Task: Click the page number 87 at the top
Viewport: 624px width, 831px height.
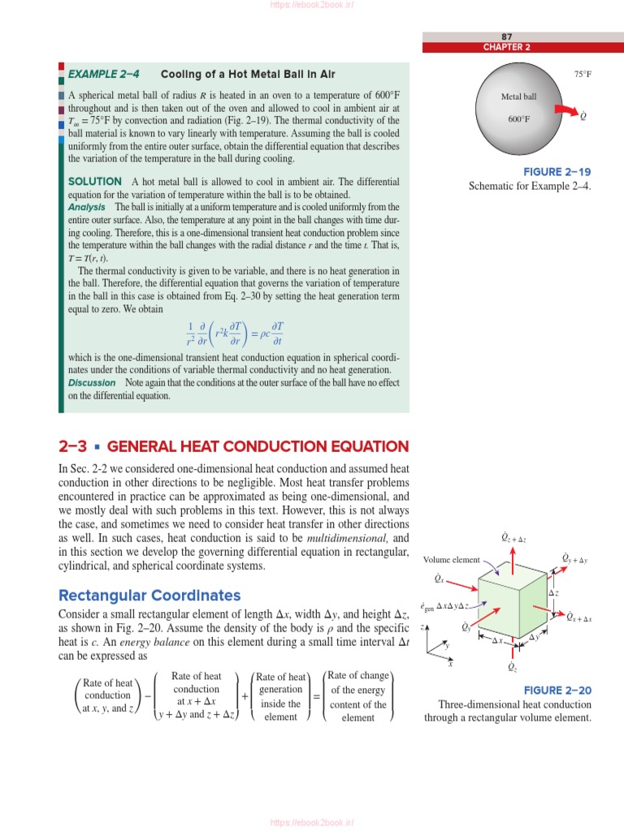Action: (x=507, y=37)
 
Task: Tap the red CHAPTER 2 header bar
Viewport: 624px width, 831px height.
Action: (x=507, y=47)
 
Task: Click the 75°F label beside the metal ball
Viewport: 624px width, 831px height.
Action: (x=583, y=75)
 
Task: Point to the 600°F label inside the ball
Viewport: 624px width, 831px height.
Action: (x=519, y=119)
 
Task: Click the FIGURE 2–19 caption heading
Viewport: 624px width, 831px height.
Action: (x=557, y=172)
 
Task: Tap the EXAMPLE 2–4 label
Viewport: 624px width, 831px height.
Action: (x=104, y=75)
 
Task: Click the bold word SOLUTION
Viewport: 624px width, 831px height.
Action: (x=95, y=182)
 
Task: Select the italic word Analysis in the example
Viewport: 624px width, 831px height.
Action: (x=87, y=207)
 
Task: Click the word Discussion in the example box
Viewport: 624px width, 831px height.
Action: (x=92, y=383)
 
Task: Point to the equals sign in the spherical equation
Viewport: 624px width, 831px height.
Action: (x=252, y=333)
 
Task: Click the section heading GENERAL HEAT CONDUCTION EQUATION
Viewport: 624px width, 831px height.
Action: (x=258, y=447)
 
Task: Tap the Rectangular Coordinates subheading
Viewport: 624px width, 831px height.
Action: (x=149, y=596)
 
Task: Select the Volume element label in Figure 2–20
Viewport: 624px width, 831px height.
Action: (x=452, y=560)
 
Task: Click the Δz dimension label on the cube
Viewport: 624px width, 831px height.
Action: (x=553, y=593)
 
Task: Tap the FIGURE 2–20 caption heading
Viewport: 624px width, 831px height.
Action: (x=557, y=691)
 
